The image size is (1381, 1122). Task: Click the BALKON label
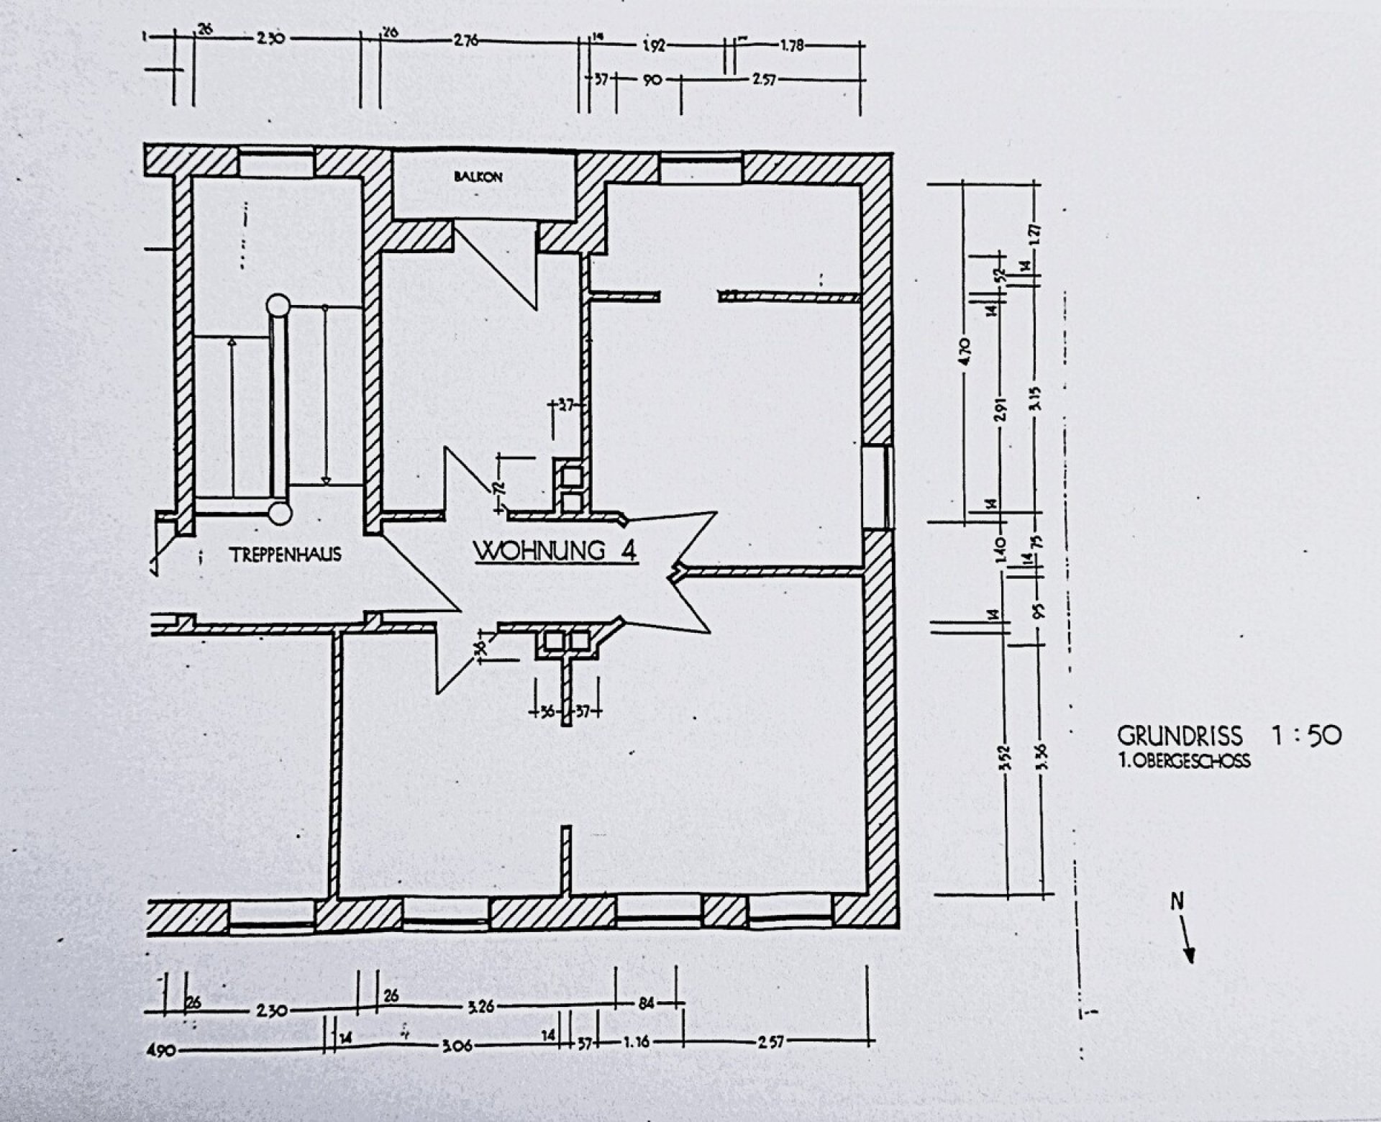pos(478,177)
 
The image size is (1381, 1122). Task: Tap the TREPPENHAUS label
pos(286,555)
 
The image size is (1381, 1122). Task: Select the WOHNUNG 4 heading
pos(555,551)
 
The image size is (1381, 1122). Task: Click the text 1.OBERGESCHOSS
pos(1184,761)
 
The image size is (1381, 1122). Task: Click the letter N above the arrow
pos(1177,902)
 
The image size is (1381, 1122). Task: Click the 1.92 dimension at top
pos(655,46)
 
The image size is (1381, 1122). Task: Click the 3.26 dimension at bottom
pos(480,1007)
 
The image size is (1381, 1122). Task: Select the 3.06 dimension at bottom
pos(457,1045)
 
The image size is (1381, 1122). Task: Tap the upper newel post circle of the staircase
pos(278,304)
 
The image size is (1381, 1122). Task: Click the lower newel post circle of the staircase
pos(279,513)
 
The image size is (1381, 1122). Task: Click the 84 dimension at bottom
pos(646,1003)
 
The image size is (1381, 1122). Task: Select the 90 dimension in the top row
pos(652,81)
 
